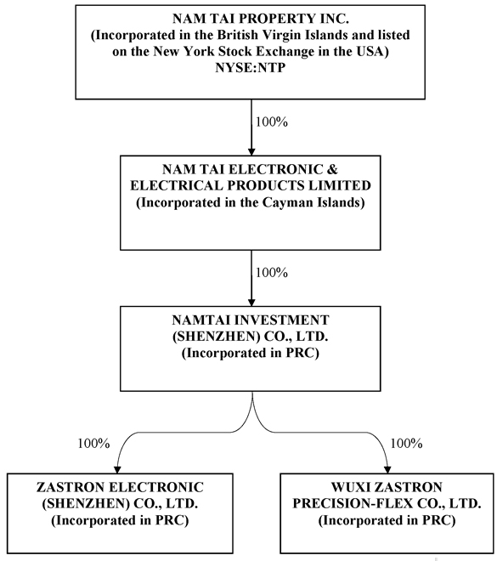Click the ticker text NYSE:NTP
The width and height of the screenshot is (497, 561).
point(251,68)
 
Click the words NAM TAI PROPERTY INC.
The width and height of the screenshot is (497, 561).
point(261,19)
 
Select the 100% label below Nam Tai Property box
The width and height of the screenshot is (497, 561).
point(271,122)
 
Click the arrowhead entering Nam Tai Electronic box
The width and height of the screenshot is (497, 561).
point(251,151)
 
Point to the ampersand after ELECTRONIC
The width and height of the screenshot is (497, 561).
point(332,169)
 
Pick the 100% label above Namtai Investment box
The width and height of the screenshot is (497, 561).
point(271,273)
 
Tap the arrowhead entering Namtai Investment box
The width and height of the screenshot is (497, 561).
point(251,302)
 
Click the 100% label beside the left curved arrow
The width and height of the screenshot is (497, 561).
point(93,444)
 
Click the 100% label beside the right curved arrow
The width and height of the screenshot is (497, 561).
point(406,444)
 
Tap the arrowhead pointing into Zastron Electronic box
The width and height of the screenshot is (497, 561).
point(117,469)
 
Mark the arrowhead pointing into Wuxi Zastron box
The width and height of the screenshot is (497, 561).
point(387,469)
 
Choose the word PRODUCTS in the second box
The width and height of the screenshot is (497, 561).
point(266,185)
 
